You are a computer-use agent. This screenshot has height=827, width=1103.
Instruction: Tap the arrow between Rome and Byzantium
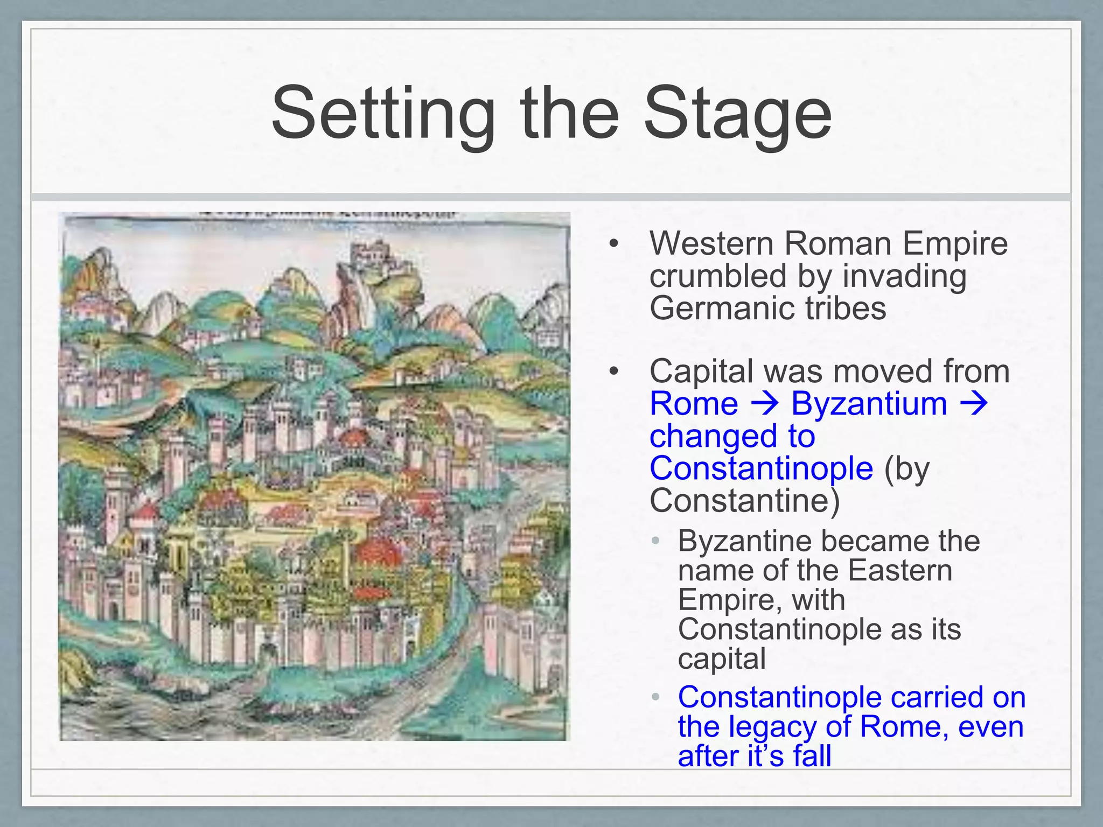tap(764, 403)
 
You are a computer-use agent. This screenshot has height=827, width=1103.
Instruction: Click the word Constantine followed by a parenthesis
tap(741, 500)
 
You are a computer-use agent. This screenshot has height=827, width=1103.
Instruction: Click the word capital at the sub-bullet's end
tap(722, 658)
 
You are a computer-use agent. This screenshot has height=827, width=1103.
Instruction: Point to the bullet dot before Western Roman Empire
tap(613, 244)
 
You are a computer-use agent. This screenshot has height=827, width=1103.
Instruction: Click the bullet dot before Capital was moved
tap(613, 372)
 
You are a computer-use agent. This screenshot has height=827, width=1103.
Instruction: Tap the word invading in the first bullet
tap(904, 276)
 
